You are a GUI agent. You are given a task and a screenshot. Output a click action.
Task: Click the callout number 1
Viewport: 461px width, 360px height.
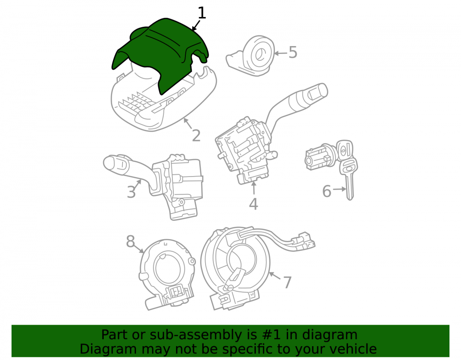tap(202, 13)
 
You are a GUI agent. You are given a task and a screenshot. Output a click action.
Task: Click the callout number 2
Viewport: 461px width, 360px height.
tap(196, 136)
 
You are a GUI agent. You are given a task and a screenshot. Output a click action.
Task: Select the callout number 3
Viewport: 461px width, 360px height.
tap(131, 191)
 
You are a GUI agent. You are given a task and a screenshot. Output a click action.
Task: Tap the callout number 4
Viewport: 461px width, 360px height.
tap(254, 204)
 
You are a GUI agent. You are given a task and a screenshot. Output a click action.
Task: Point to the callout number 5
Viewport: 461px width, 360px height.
tap(293, 52)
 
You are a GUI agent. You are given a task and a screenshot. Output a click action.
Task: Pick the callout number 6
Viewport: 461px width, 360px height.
tap(327, 191)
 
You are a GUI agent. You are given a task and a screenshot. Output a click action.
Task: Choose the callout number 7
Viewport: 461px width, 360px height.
tap(287, 283)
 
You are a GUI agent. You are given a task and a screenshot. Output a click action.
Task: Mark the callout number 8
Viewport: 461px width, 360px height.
tap(130, 241)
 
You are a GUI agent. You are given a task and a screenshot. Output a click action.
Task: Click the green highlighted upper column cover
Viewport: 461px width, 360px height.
tap(160, 53)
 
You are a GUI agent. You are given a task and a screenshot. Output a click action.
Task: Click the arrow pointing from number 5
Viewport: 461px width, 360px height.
tap(281, 53)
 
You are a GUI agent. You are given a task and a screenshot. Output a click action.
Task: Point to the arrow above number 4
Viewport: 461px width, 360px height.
tap(254, 188)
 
